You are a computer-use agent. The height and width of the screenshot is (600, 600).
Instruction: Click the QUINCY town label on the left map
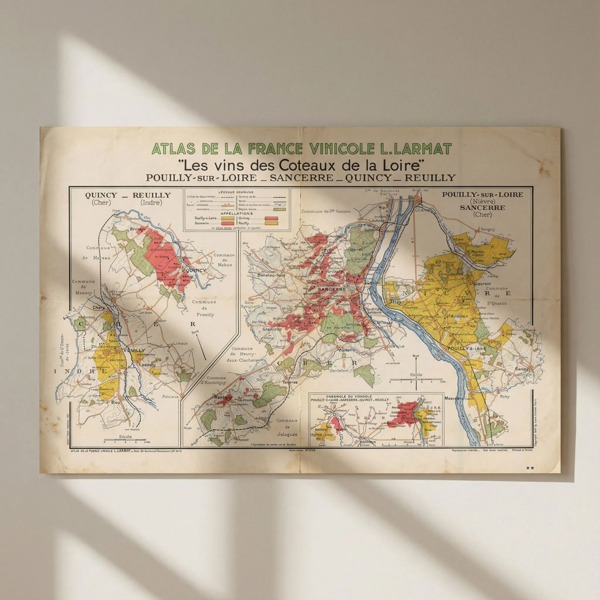click(x=196, y=270)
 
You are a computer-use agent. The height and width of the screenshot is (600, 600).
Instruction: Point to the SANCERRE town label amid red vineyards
click(x=331, y=289)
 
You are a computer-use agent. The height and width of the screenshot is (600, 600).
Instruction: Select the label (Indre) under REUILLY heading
click(x=151, y=203)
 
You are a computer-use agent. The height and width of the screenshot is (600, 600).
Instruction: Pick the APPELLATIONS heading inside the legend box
click(x=236, y=213)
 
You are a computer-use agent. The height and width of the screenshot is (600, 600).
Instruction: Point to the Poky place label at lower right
click(x=505, y=396)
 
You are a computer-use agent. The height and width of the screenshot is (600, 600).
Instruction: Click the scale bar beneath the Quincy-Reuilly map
click(x=125, y=439)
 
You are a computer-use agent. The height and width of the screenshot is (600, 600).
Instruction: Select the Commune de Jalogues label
click(x=287, y=427)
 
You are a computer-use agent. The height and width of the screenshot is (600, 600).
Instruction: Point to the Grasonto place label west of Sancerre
click(x=272, y=329)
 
